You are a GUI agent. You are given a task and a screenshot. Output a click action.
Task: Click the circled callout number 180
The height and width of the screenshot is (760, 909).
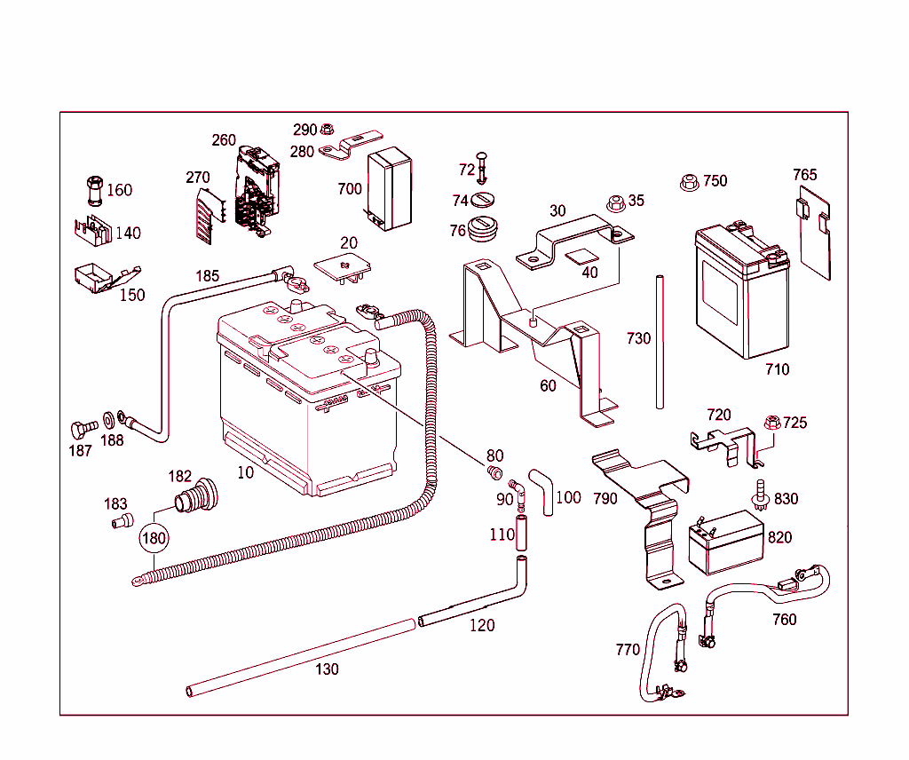pyautogui.click(x=154, y=538)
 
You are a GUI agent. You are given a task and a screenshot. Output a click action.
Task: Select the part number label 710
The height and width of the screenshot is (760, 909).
pyautogui.click(x=777, y=369)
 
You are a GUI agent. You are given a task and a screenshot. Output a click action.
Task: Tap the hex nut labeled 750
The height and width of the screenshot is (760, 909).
pyautogui.click(x=688, y=182)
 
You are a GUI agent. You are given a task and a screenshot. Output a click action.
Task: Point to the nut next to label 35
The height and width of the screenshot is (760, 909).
pyautogui.click(x=613, y=202)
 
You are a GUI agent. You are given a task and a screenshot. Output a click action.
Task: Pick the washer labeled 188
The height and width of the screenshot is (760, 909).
pyautogui.click(x=108, y=418)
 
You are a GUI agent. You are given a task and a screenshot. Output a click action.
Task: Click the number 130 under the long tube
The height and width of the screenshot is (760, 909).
pyautogui.click(x=327, y=669)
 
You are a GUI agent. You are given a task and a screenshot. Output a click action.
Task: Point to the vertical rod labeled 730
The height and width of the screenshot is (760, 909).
pyautogui.click(x=660, y=342)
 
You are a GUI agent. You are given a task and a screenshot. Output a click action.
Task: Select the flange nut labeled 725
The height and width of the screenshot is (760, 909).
pyautogui.click(x=771, y=423)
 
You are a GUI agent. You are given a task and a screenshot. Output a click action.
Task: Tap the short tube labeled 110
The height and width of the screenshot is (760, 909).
pyautogui.click(x=522, y=535)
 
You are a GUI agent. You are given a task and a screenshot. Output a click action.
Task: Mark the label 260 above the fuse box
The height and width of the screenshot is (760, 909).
pyautogui.click(x=224, y=140)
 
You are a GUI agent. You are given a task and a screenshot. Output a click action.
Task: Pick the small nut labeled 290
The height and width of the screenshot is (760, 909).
pyautogui.click(x=327, y=130)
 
